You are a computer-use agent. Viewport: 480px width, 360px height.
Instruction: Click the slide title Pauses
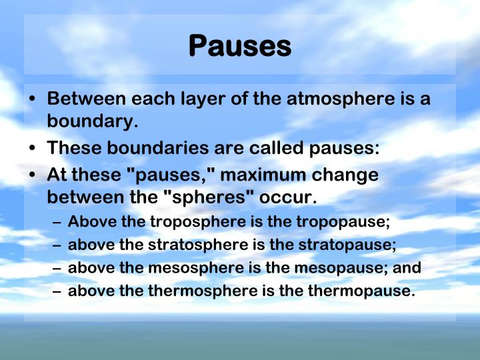(x=240, y=46)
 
